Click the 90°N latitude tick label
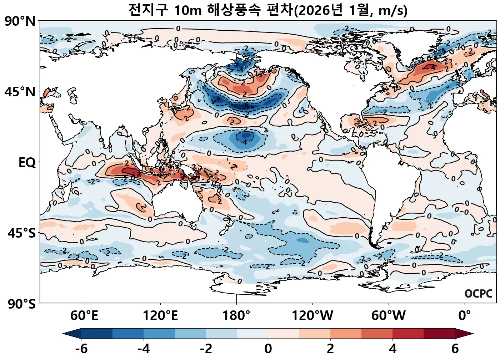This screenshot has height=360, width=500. [x=20, y=21]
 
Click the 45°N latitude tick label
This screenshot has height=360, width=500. [x=20, y=92]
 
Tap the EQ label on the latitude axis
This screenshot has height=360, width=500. [x=27, y=163]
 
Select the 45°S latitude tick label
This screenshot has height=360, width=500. [x=21, y=233]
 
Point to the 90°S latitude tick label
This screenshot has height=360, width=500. [x=21, y=304]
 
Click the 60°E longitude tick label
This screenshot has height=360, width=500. [x=84, y=316]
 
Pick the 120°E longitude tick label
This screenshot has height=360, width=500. [x=160, y=316]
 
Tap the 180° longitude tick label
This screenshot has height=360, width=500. [x=236, y=316]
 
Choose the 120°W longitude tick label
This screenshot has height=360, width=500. [x=312, y=316]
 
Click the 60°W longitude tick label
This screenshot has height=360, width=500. [x=388, y=316]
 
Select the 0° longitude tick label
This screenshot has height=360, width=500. [x=464, y=316]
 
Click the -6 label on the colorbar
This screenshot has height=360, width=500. [x=81, y=349]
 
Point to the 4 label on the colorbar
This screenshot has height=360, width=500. [x=392, y=349]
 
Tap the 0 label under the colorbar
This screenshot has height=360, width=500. [x=268, y=349]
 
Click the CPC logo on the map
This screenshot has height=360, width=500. [x=479, y=294]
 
